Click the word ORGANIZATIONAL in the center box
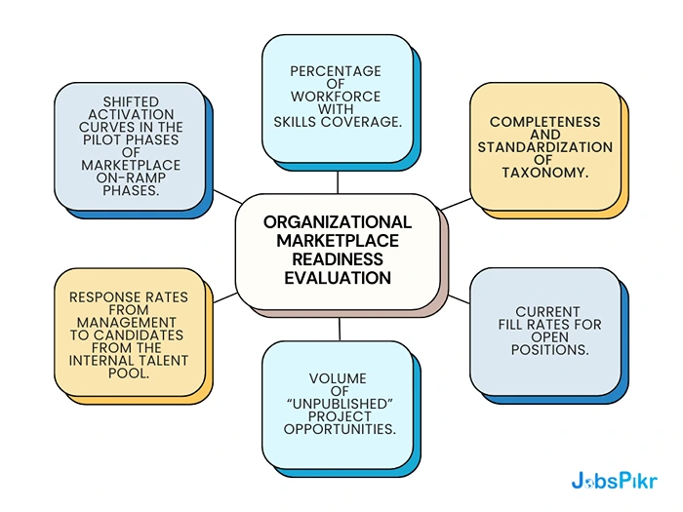(338, 222)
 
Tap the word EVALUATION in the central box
(338, 278)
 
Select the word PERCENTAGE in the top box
(336, 72)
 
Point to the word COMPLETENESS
(544, 123)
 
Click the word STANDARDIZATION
(544, 147)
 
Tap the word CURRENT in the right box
(547, 312)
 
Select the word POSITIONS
(548, 349)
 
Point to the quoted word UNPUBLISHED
(337, 404)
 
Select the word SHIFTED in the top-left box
(131, 101)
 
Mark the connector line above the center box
(338, 181)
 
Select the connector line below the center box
(339, 329)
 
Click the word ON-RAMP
(129, 177)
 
